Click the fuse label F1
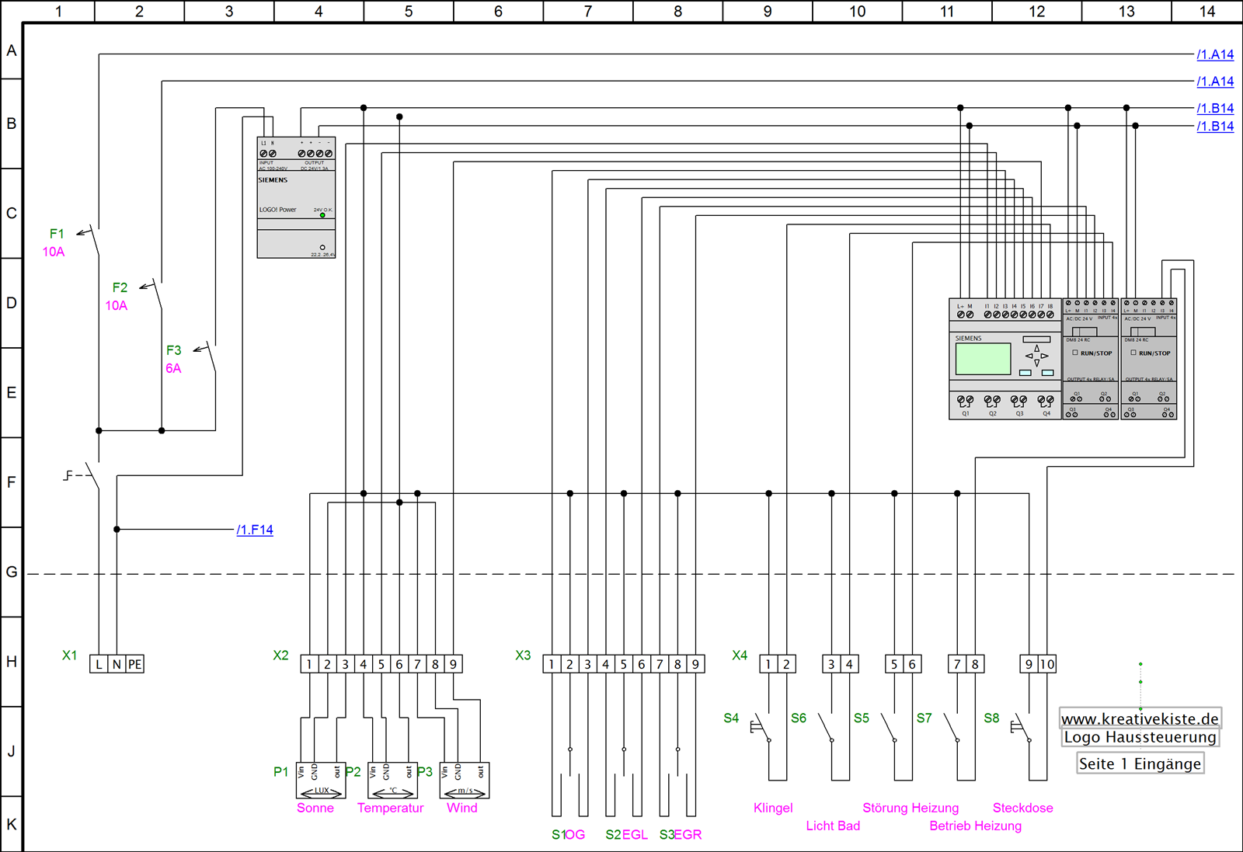pyautogui.click(x=57, y=234)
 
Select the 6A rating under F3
pyautogui.click(x=173, y=368)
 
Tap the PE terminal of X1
pyautogui.click(x=135, y=664)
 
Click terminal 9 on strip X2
pyautogui.click(x=453, y=664)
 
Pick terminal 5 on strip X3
pyautogui.click(x=623, y=664)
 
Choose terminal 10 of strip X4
pyautogui.click(x=1047, y=664)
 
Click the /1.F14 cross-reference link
pyautogui.click(x=255, y=530)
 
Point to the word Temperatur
pyautogui.click(x=390, y=808)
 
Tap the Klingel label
pyautogui.click(x=773, y=808)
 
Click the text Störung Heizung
pyautogui.click(x=910, y=808)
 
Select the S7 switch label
pyautogui.click(x=924, y=718)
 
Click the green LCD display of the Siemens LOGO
pyautogui.click(x=983, y=359)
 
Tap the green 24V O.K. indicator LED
pyautogui.click(x=322, y=215)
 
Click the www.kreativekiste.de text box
pyautogui.click(x=1140, y=719)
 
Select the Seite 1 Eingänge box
pyautogui.click(x=1140, y=763)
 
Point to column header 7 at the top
pyautogui.click(x=588, y=11)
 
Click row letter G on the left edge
pyautogui.click(x=11, y=572)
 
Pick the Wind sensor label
pyautogui.click(x=461, y=808)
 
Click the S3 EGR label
pyautogui.click(x=681, y=835)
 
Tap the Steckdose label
pyautogui.click(x=1022, y=808)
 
